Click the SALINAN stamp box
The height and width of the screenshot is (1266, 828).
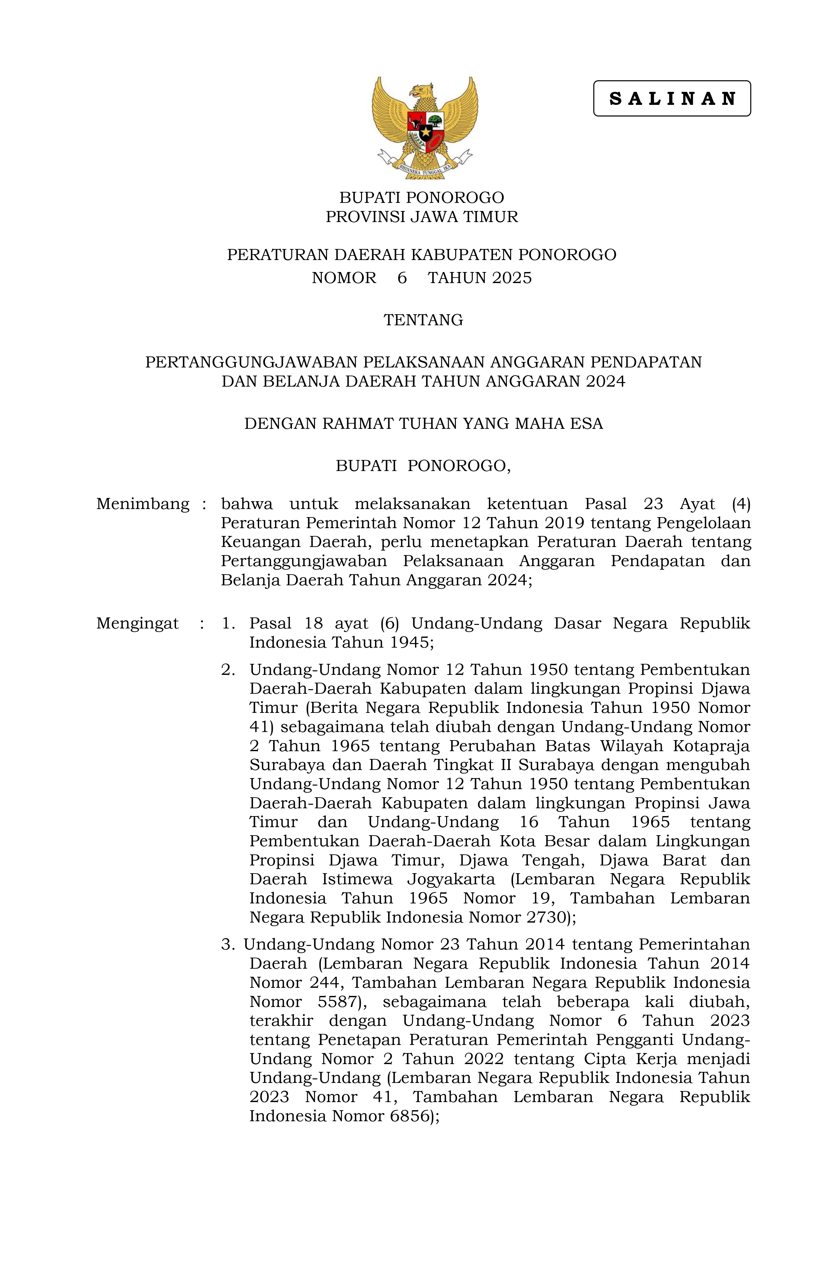coord(671,98)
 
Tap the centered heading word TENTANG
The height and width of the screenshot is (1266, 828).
coord(423,320)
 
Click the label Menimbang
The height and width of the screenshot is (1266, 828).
coord(143,504)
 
